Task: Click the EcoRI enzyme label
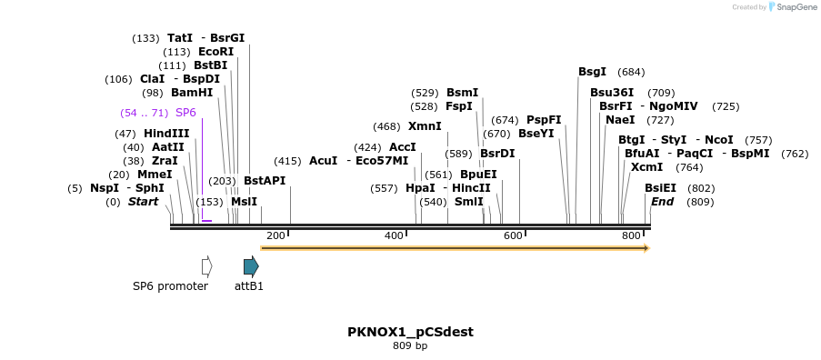[215, 52]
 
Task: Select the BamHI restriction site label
[191, 93]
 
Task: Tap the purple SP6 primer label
[185, 113]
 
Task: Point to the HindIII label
[166, 134]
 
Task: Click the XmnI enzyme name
[425, 126]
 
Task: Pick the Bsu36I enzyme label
[612, 93]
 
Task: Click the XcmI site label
[646, 167]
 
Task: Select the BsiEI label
[661, 188]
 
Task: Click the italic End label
[662, 202]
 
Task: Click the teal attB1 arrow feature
[251, 266]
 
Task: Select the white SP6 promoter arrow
[206, 266]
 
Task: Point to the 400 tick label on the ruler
[394, 236]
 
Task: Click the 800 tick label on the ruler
[631, 236]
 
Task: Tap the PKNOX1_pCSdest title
[410, 332]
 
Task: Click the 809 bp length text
[410, 346]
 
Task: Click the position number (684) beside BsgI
[631, 72]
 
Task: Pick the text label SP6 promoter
[170, 286]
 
